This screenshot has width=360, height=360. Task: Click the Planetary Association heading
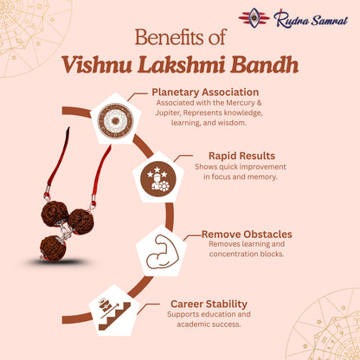[205, 92]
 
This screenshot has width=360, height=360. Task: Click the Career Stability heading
[209, 304]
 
